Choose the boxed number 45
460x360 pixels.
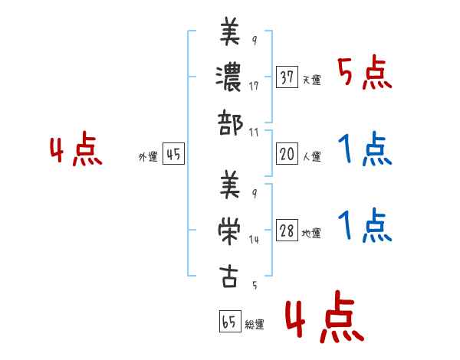coord(173,155)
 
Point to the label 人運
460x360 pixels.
coord(312,157)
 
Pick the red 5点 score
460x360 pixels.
coord(364,74)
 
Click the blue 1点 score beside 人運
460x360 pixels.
coord(364,149)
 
